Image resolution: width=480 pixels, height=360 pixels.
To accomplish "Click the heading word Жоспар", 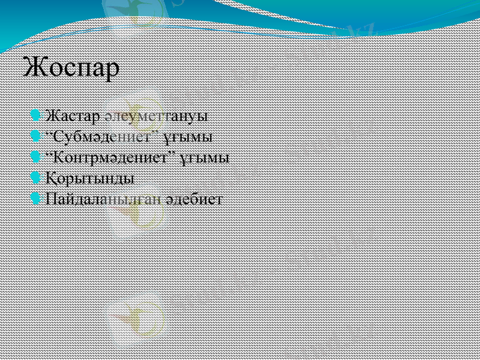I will pos(71,67).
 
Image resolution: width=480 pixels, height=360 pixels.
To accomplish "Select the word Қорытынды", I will pos(90,179).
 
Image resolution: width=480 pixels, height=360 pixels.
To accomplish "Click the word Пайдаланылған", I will pos(106,199).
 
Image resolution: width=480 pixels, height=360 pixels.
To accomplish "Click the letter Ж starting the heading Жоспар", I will pos(34,67).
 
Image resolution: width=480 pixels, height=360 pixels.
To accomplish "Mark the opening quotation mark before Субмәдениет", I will pos(49,132).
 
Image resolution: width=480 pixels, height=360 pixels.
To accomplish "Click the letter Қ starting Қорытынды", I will pos(52,179).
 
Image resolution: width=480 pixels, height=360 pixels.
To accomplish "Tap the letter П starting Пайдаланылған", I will pos(52,199).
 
